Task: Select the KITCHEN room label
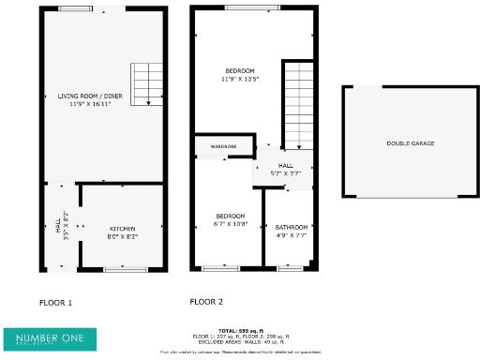pyautogui.click(x=123, y=229)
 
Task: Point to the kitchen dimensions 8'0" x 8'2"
pyautogui.click(x=123, y=236)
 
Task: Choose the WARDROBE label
pyautogui.click(x=223, y=147)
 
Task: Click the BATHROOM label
pyautogui.click(x=292, y=227)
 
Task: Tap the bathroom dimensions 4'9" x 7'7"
pyautogui.click(x=292, y=234)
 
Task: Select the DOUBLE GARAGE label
pyautogui.click(x=411, y=143)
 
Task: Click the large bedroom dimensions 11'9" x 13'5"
pyautogui.click(x=239, y=79)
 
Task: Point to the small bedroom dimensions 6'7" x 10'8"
pyautogui.click(x=230, y=223)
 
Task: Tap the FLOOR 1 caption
pyautogui.click(x=55, y=303)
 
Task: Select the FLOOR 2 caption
pyautogui.click(x=206, y=302)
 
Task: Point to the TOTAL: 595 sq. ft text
pyautogui.click(x=240, y=331)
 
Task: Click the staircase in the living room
pyautogui.click(x=146, y=85)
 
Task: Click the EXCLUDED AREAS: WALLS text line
pyautogui.click(x=240, y=341)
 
